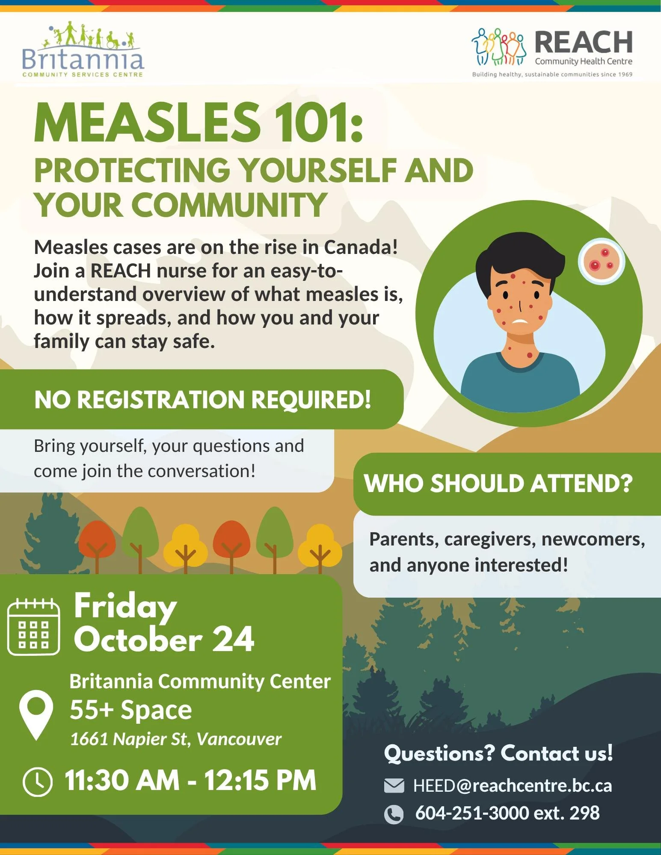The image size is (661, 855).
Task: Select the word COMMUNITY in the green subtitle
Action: pos(231,205)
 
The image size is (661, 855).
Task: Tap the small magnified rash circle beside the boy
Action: pos(601,261)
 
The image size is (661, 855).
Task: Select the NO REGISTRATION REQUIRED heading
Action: pos(202,400)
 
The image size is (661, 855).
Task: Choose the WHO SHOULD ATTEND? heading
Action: pos(498,484)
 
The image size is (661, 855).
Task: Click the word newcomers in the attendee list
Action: pos(593,539)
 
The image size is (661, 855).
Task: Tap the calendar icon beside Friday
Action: pos(34,627)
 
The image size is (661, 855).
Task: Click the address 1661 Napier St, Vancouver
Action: pos(175,739)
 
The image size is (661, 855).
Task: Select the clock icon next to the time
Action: pos(38,782)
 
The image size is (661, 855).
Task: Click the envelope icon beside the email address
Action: pos(394,786)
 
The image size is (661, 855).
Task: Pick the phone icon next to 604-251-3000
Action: pos(394,814)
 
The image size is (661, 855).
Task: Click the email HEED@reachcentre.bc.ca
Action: pos(512,786)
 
